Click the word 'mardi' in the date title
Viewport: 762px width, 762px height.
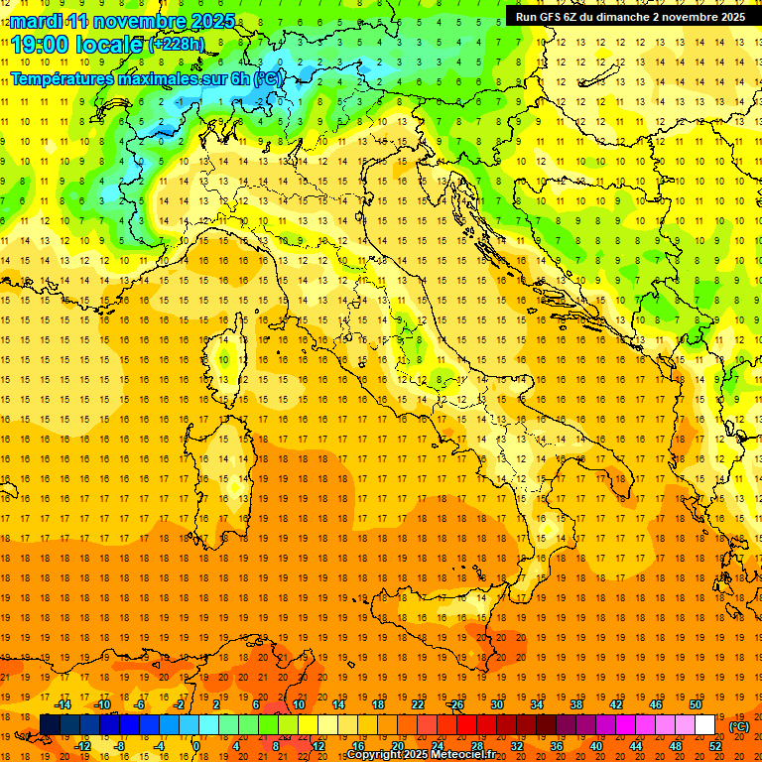(x=37, y=21)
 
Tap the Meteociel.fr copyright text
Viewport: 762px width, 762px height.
(x=421, y=755)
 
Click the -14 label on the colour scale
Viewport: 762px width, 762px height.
(x=63, y=704)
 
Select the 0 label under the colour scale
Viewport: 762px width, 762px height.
(x=196, y=747)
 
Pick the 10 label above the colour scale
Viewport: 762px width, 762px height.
(x=298, y=704)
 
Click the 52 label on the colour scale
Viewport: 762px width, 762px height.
(x=714, y=747)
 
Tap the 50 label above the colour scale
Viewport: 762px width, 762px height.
(x=695, y=704)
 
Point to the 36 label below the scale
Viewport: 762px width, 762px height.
(x=556, y=747)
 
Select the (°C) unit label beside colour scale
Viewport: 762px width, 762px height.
(x=739, y=726)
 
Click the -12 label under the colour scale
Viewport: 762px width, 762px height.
(x=82, y=747)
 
